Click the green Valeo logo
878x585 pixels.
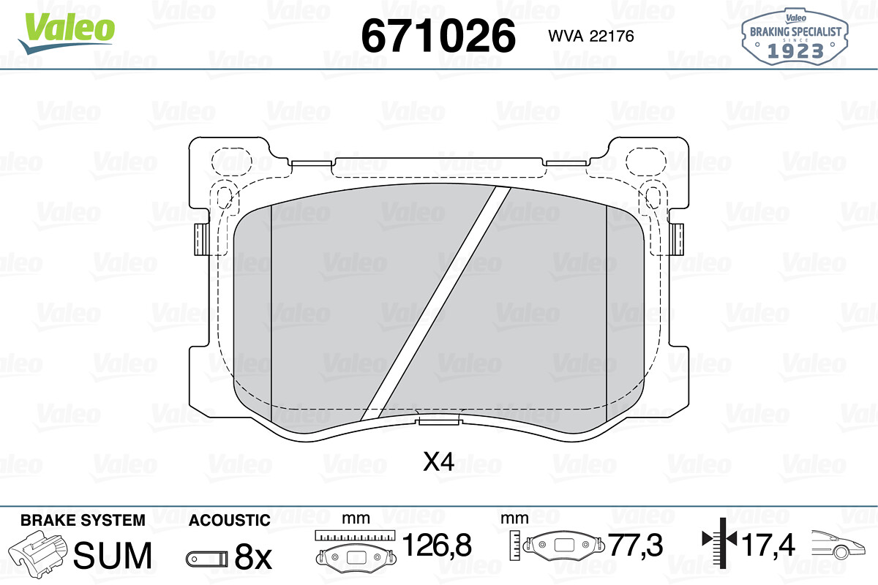(67, 32)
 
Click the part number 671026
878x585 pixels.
(438, 36)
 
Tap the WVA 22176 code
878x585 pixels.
(591, 36)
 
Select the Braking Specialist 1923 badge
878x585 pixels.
(795, 37)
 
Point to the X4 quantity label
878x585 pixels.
(438, 461)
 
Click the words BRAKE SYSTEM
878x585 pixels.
(83, 521)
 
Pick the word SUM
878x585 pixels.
(113, 555)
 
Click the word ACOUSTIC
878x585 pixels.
(230, 521)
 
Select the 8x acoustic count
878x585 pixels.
(253, 556)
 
